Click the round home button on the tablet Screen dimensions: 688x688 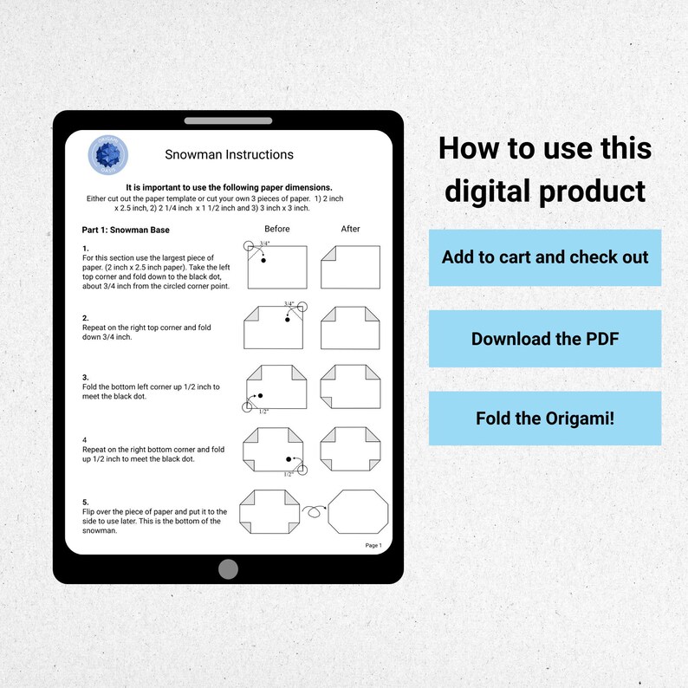228,568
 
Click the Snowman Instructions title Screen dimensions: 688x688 229,155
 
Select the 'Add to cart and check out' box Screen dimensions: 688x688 544,257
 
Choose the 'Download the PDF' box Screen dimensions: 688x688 544,338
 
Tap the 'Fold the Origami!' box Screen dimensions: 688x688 544,418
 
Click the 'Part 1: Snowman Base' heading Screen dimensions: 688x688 126,230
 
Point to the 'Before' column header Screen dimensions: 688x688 277,229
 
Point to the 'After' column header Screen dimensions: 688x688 350,229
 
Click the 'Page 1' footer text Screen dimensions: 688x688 373,545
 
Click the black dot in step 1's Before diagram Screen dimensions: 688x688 262,260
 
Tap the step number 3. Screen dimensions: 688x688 85,378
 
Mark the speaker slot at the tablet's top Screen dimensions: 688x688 228,120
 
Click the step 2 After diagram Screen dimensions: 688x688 350,328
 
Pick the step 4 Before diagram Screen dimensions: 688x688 276,450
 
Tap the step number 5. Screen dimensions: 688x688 85,503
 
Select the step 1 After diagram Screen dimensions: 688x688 350,267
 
